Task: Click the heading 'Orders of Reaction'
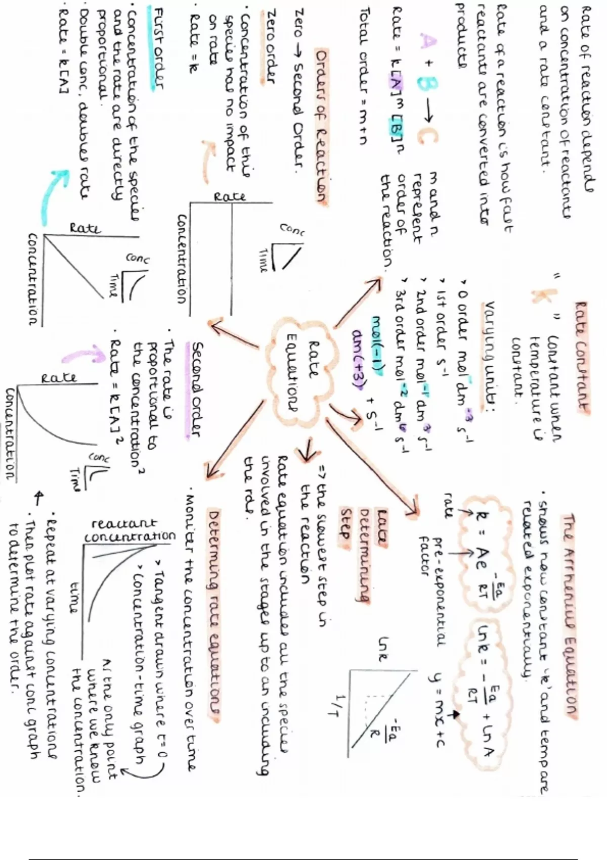[319, 126]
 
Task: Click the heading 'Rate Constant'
[582, 357]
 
